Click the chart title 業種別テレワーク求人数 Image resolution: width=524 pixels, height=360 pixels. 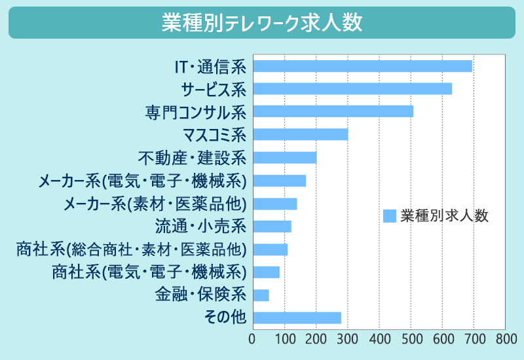[261, 23]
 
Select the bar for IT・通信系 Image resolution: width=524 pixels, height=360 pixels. [362, 65]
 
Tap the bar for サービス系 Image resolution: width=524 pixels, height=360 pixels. [352, 88]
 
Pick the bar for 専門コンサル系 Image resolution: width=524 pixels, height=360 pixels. [333, 111]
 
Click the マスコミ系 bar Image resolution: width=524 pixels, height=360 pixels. [300, 134]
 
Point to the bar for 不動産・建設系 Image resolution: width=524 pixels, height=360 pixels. [284, 157]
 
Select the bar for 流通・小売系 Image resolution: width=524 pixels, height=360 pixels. [272, 226]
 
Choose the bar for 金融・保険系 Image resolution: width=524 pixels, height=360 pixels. [261, 295]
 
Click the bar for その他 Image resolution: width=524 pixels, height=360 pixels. [297, 318]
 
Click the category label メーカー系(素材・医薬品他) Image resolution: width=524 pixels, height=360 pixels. [155, 204]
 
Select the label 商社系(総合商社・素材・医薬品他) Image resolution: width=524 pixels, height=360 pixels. [131, 249]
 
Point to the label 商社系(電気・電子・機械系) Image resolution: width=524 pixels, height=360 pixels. [149, 272]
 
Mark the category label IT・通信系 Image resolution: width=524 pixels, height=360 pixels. [209, 66]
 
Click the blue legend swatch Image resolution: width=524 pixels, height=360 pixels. [390, 216]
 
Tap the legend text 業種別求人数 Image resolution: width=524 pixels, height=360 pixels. [445, 216]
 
